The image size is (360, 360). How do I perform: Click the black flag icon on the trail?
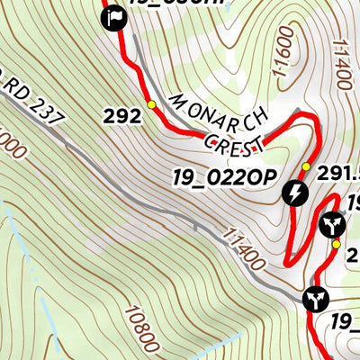pos(113,18)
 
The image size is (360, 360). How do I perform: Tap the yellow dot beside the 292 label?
pos(151,105)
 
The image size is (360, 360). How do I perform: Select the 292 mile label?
pos(122,115)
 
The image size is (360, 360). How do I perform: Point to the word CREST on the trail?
pos(236,140)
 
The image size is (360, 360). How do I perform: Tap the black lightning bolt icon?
pos(296,192)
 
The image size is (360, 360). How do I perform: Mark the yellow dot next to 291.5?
pos(305,167)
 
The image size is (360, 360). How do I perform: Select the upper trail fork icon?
pos(331,224)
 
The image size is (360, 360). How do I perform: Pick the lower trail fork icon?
pos(316,298)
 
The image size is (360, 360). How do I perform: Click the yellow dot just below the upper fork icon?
pos(336,244)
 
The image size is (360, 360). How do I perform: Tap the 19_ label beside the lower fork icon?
pos(346,321)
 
